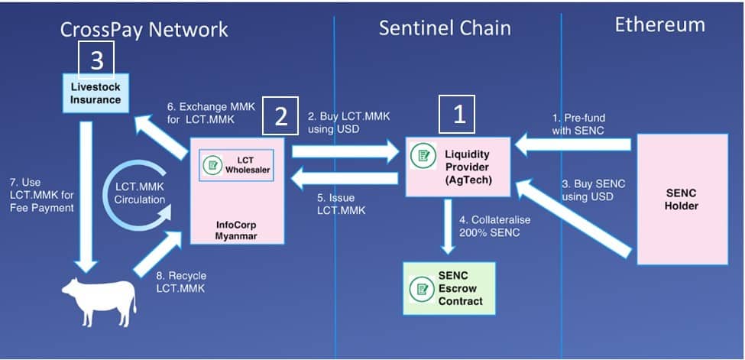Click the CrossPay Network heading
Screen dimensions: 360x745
[x=144, y=30]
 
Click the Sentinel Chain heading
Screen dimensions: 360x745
[x=445, y=29]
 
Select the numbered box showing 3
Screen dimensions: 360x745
[x=96, y=60]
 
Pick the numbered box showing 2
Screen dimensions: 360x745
[x=280, y=115]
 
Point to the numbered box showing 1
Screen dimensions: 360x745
[x=458, y=114]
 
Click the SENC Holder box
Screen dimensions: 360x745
[x=681, y=199]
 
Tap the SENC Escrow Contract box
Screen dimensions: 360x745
[x=450, y=289]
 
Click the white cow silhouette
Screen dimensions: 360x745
[x=99, y=300]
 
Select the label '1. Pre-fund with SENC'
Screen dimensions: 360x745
[x=578, y=124]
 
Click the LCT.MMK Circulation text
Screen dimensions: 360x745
[x=140, y=193]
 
